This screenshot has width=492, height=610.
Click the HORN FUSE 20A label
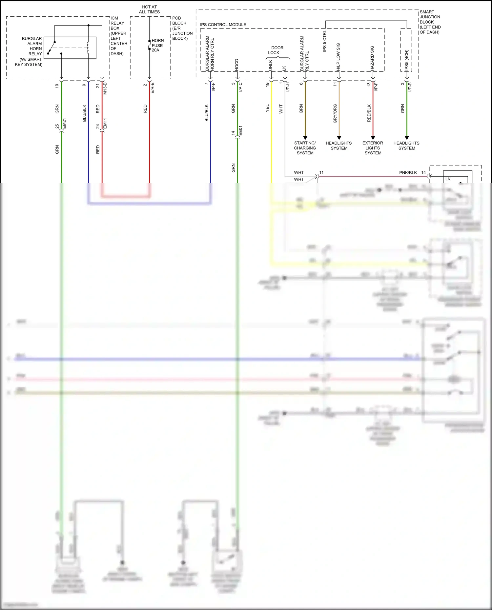point(157,45)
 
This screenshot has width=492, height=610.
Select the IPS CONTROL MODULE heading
point(223,25)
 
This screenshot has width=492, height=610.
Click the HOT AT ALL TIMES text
point(149,9)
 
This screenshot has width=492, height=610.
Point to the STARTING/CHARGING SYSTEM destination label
point(305,148)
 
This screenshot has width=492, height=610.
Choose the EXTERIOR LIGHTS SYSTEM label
point(373,148)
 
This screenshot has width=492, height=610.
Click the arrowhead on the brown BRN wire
point(305,138)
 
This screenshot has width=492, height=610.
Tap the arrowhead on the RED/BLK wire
point(373,138)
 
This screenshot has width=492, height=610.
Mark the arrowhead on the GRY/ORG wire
point(339,138)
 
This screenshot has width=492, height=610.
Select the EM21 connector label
point(65,123)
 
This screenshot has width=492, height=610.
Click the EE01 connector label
point(240,131)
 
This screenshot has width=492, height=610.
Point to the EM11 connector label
point(105,123)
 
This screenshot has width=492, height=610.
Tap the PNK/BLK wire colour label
point(408,172)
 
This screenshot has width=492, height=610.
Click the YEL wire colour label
point(267,108)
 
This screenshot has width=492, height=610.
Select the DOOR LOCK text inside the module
point(276,50)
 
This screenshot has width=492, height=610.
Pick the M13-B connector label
point(105,88)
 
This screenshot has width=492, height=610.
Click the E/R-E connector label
point(153,88)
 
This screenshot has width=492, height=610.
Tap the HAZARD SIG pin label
point(372,58)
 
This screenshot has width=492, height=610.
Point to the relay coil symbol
point(88,48)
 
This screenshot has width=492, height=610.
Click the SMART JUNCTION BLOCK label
point(430,22)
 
